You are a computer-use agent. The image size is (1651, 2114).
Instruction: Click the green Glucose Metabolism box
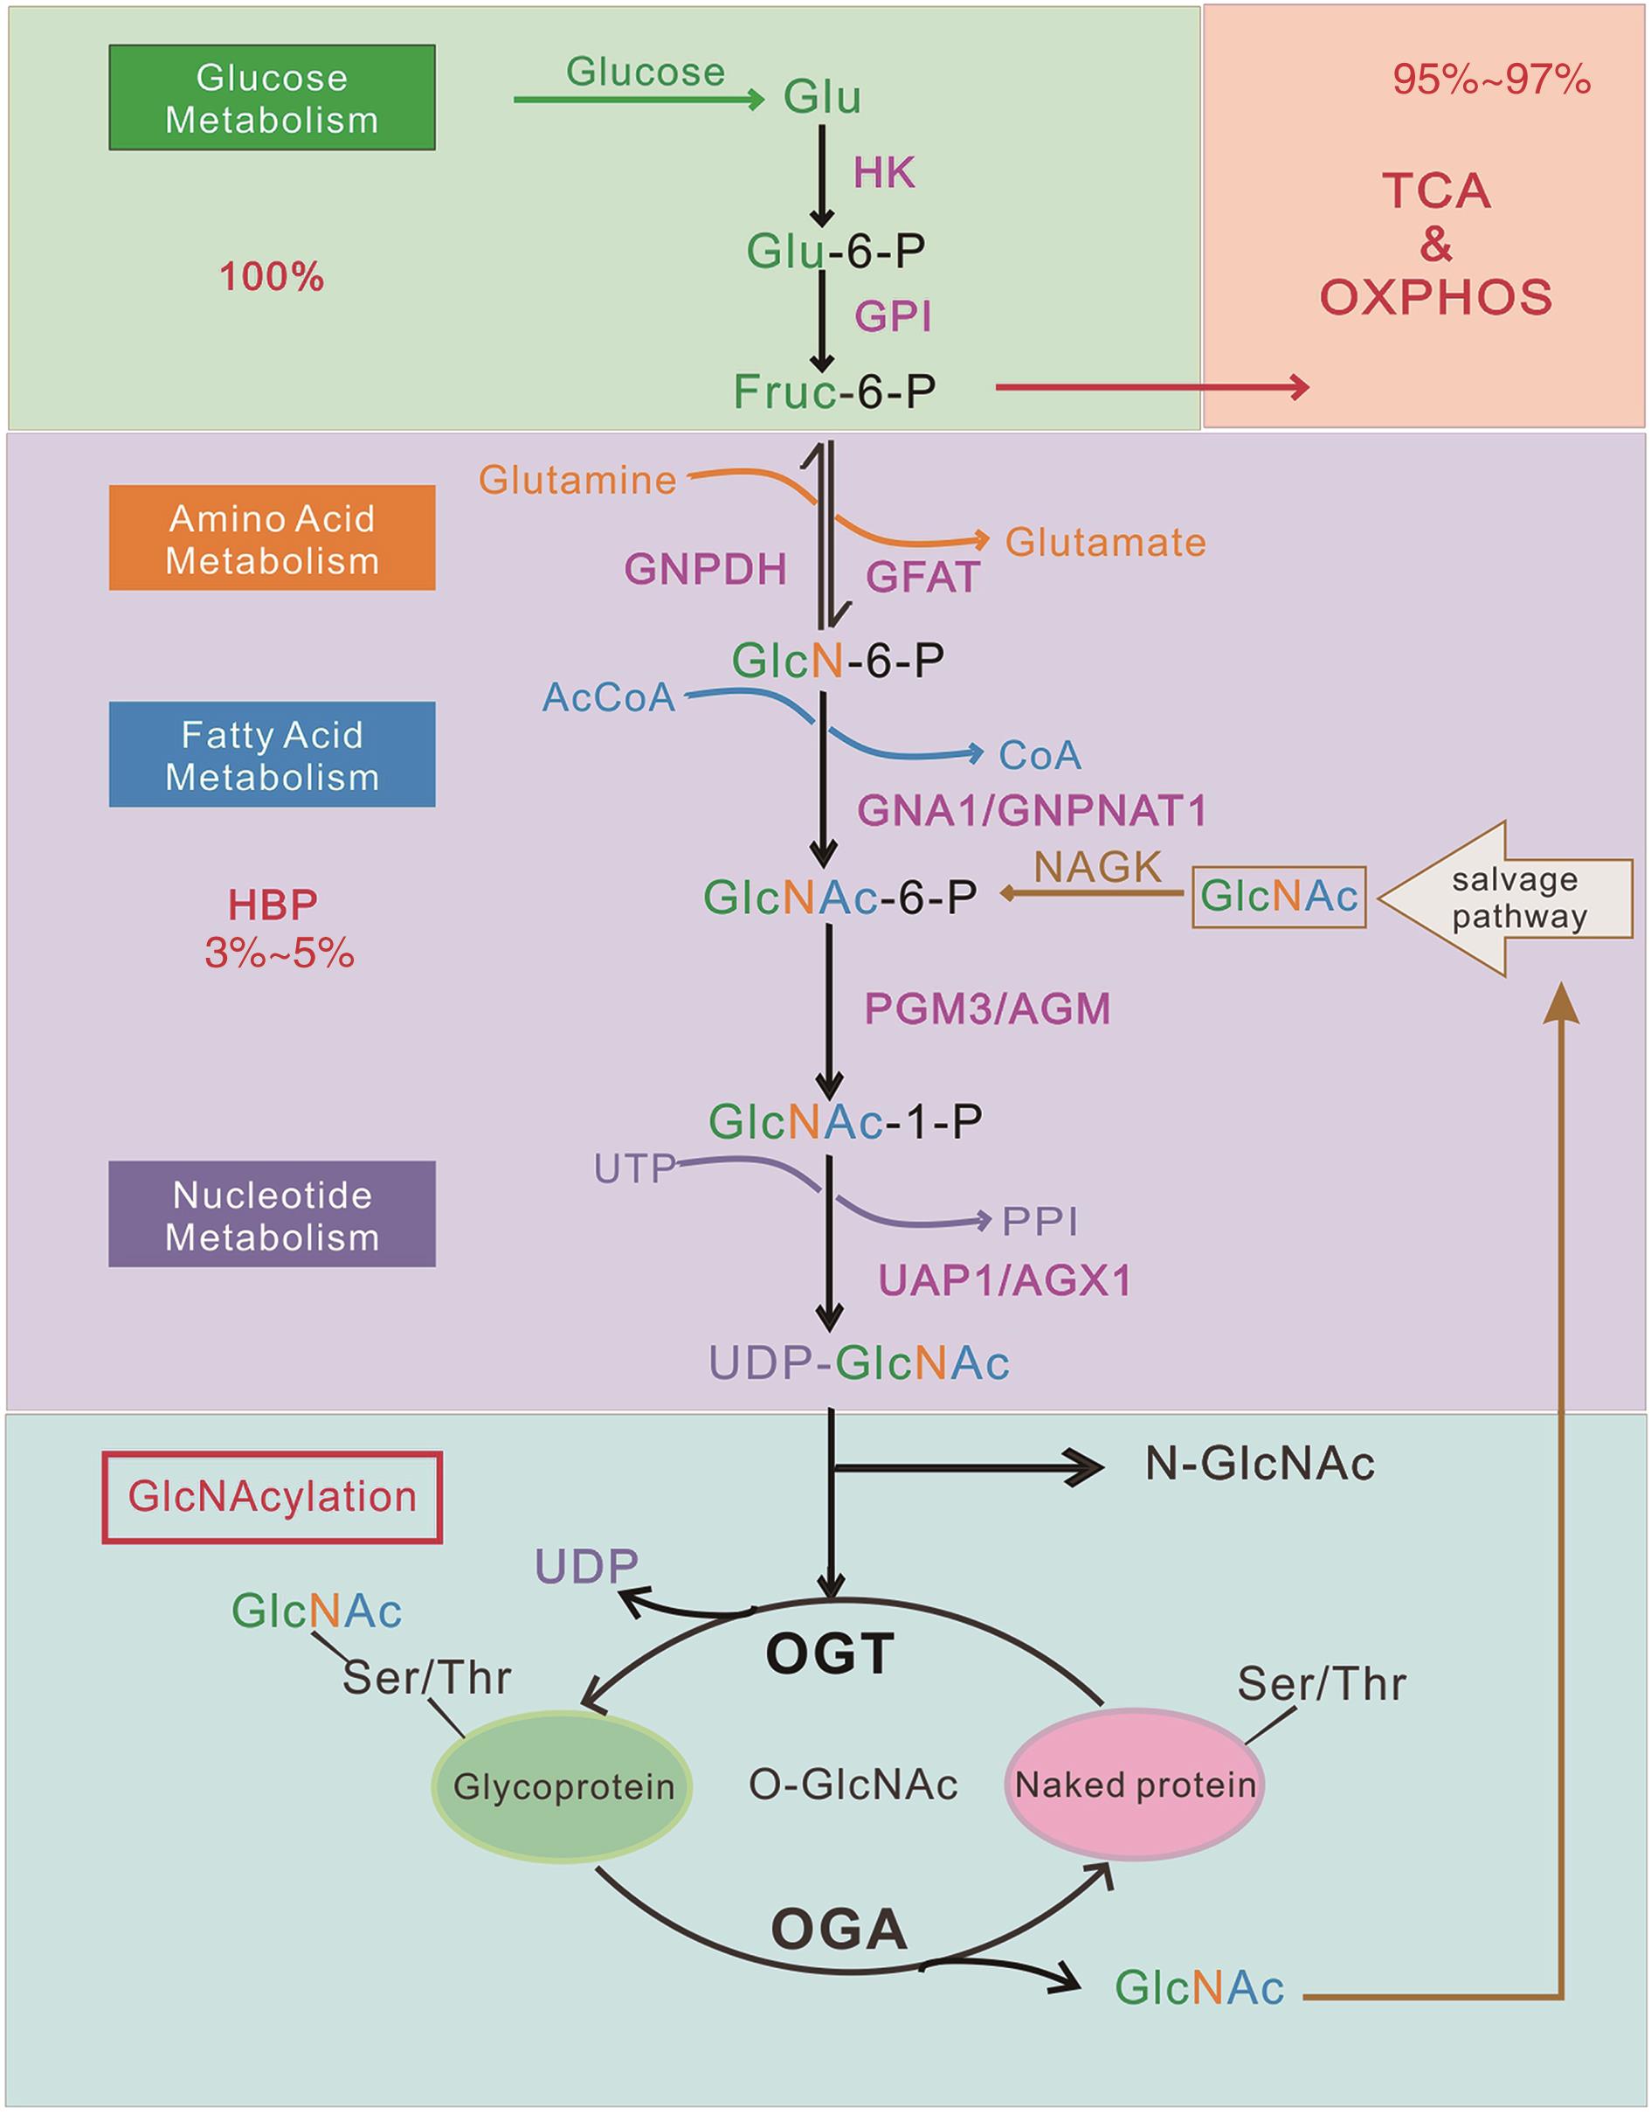pos(272,98)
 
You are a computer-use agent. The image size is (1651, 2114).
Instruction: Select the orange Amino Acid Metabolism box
pos(272,538)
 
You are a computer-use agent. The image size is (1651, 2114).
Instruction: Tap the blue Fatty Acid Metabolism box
pos(272,755)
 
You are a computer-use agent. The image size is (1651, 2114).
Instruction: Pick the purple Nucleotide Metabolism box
pos(272,1215)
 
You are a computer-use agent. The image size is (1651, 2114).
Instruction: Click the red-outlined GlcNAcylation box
pos(272,1496)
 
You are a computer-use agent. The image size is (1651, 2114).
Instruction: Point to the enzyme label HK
pos(883,173)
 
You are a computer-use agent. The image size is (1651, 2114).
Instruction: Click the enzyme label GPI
pos(892,316)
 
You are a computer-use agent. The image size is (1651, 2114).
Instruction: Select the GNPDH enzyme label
pos(706,569)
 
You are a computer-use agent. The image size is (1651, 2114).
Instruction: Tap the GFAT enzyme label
pos(922,577)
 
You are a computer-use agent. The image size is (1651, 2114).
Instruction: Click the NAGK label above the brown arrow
pos(1097,867)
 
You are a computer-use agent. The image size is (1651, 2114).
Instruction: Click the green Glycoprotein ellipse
pos(563,1786)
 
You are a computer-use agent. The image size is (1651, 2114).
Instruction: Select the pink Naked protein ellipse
pos(1136,1784)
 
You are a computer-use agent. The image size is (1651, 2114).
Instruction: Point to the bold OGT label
pos(829,1654)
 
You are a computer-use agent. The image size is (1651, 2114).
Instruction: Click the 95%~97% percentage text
pos(1491,80)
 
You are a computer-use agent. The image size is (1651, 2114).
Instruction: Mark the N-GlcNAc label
pos(1259,1464)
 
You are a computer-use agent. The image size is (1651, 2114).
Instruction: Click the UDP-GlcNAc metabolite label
pos(859,1363)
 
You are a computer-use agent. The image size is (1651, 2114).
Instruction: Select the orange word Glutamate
pos(1105,542)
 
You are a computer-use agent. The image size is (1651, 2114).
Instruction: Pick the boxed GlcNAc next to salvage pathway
pos(1278,898)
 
